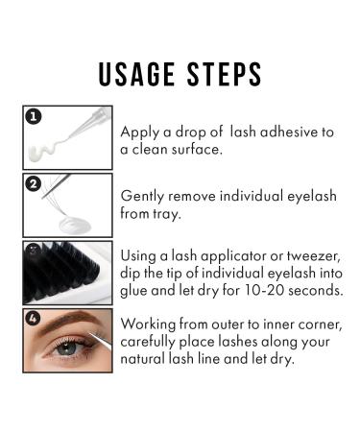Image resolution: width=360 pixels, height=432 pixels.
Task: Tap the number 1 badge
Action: point(33,118)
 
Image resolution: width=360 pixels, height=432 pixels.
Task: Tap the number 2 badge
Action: point(33,184)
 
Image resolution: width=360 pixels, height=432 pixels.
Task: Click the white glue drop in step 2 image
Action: point(67,221)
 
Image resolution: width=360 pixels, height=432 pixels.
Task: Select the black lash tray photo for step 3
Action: point(66,272)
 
